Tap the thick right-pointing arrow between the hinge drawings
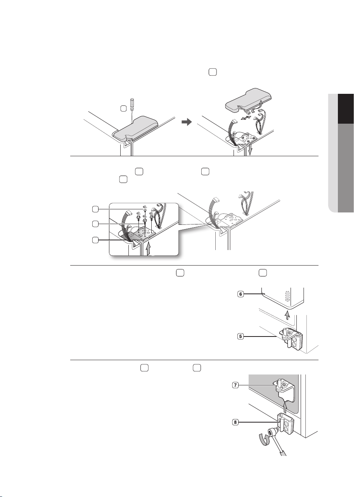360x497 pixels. coord(187,122)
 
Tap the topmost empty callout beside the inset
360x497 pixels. coord(95,209)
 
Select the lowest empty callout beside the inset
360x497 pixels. coord(95,240)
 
